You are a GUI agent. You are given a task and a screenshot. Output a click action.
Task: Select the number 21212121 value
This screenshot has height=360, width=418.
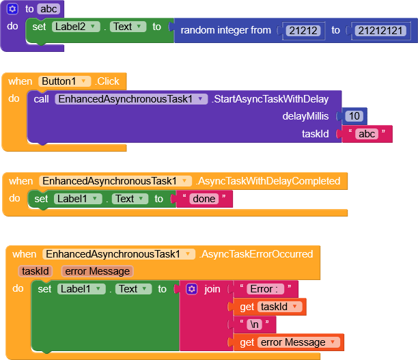[x=377, y=30]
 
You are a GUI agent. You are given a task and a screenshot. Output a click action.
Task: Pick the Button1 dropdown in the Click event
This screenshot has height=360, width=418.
[x=65, y=81]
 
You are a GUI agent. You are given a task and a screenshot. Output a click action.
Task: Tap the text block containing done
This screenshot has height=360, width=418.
[x=204, y=199]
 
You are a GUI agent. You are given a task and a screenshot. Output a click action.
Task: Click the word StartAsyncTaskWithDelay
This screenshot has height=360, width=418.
[x=275, y=99]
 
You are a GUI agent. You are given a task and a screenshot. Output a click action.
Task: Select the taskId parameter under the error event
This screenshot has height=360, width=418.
[x=36, y=271]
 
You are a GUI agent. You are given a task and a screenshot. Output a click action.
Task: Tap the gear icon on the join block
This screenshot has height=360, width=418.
[x=192, y=289]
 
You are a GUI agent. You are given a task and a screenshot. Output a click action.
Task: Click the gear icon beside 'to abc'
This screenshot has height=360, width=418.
[x=12, y=9]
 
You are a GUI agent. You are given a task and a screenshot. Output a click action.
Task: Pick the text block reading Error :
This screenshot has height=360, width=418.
[x=265, y=289]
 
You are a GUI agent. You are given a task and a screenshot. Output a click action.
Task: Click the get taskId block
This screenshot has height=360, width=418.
[x=270, y=307]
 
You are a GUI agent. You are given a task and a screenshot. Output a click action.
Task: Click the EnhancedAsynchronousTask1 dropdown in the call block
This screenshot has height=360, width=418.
[x=130, y=99]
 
